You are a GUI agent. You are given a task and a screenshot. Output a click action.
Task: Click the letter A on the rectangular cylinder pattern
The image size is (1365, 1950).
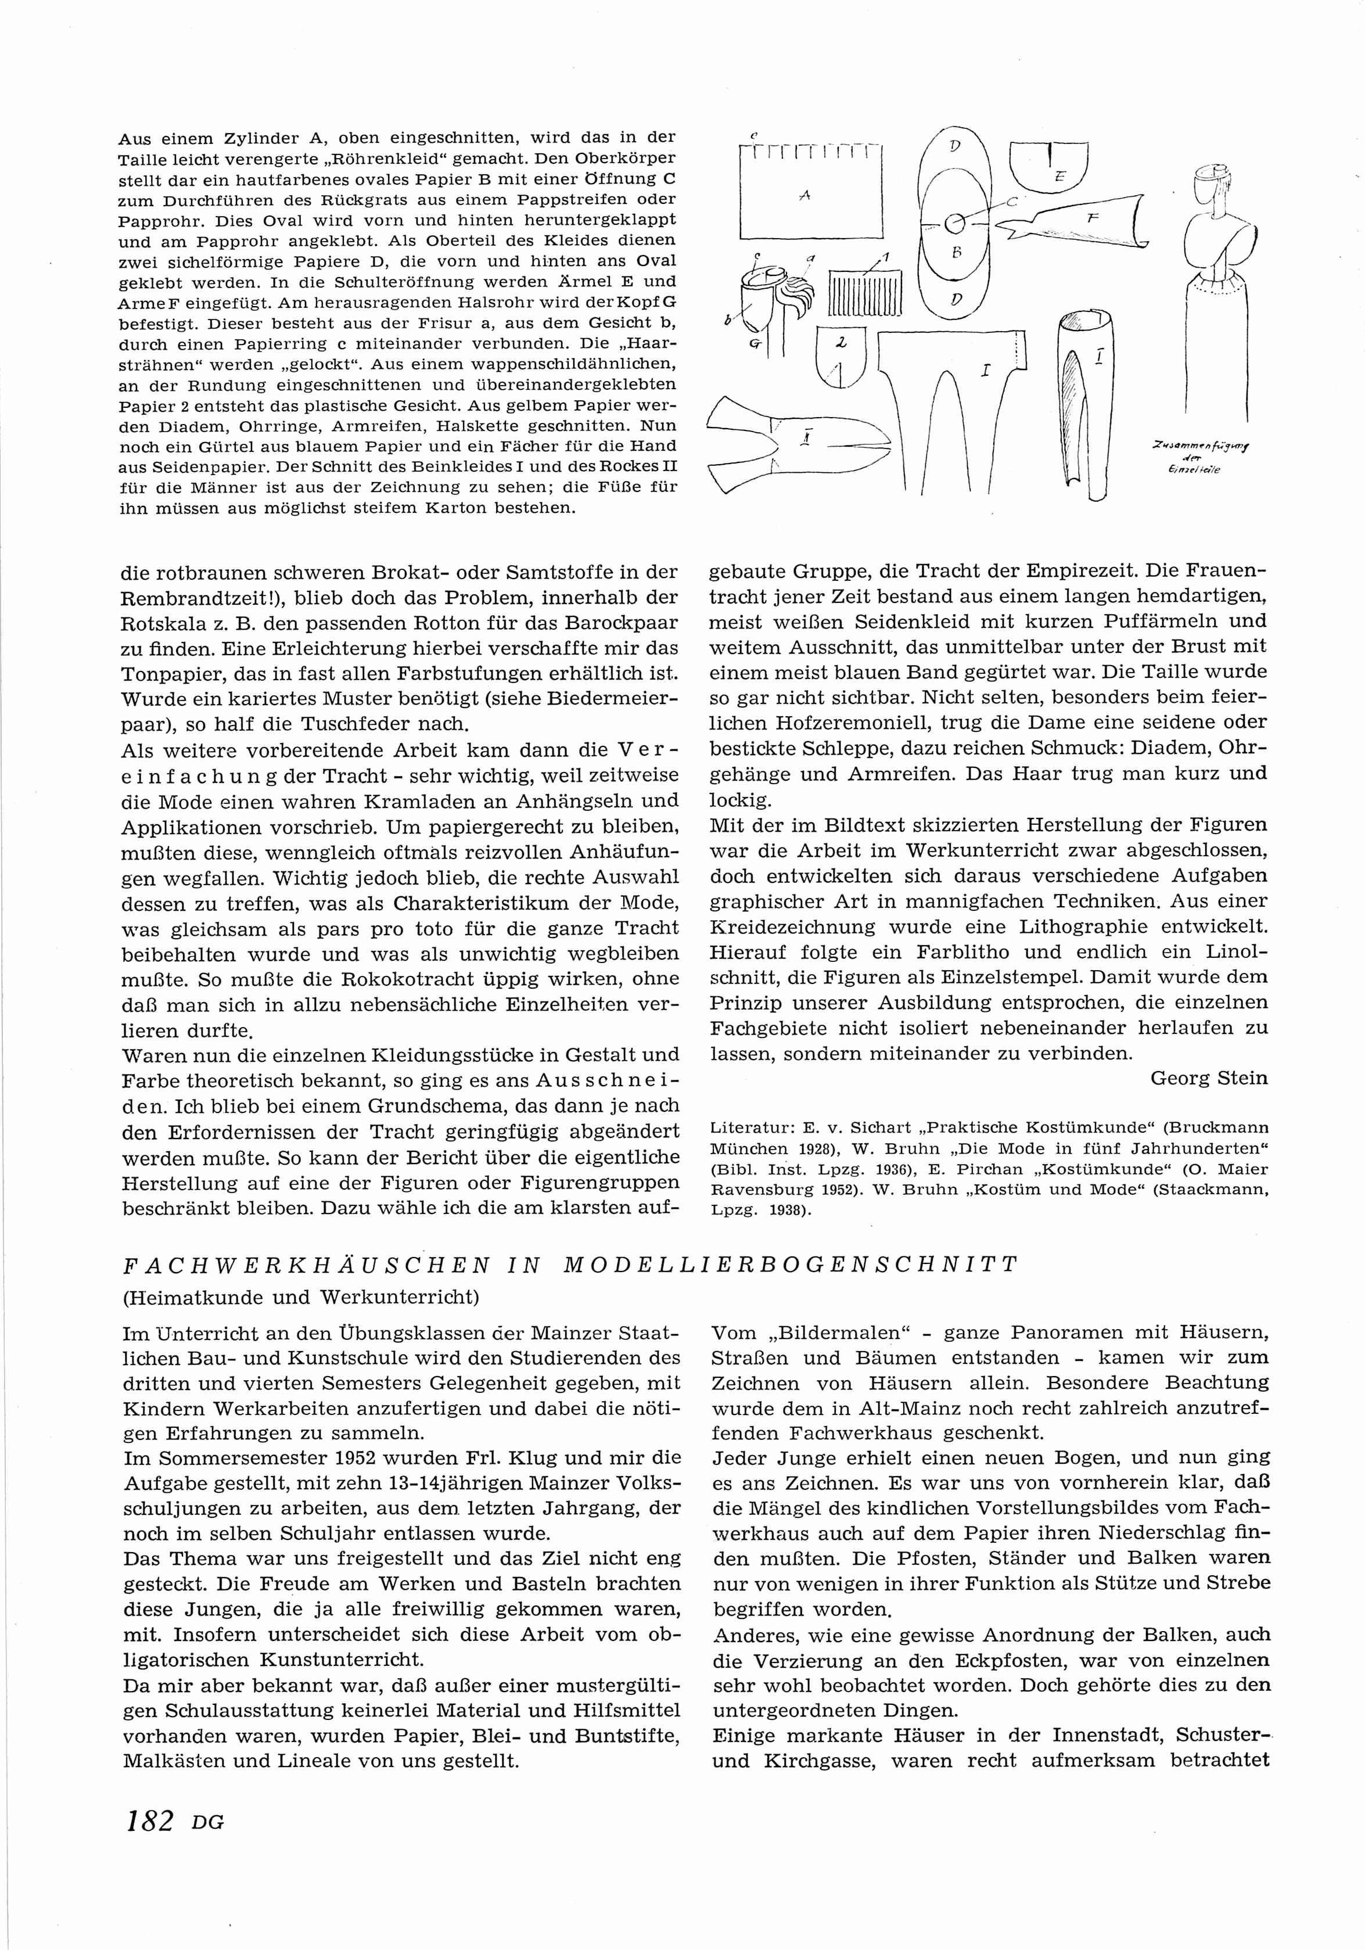[804, 195]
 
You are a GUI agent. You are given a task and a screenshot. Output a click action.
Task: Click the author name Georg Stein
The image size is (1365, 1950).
[1209, 1079]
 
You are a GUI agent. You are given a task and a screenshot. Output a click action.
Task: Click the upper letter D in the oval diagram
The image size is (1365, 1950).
[955, 147]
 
